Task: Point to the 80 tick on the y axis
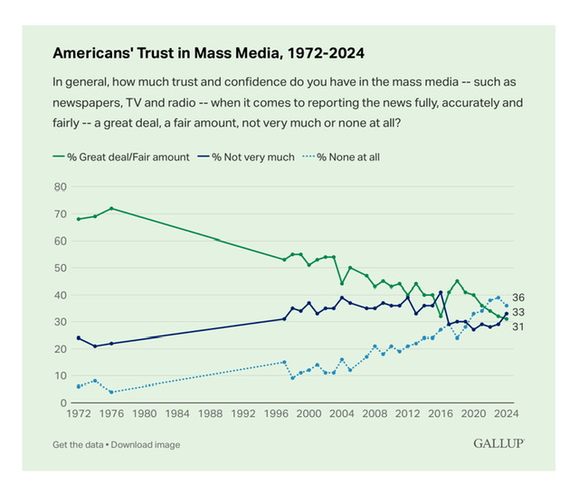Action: click(x=62, y=187)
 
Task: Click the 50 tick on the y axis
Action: click(x=62, y=268)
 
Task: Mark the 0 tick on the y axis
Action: click(x=64, y=402)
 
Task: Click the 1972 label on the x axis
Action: click(x=79, y=416)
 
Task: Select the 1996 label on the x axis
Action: click(x=276, y=416)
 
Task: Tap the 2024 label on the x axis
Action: click(x=506, y=416)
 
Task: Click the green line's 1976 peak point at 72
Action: click(x=111, y=209)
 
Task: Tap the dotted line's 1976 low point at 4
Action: click(x=111, y=392)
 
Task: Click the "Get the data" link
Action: click(x=80, y=444)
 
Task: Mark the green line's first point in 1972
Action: click(x=79, y=219)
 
